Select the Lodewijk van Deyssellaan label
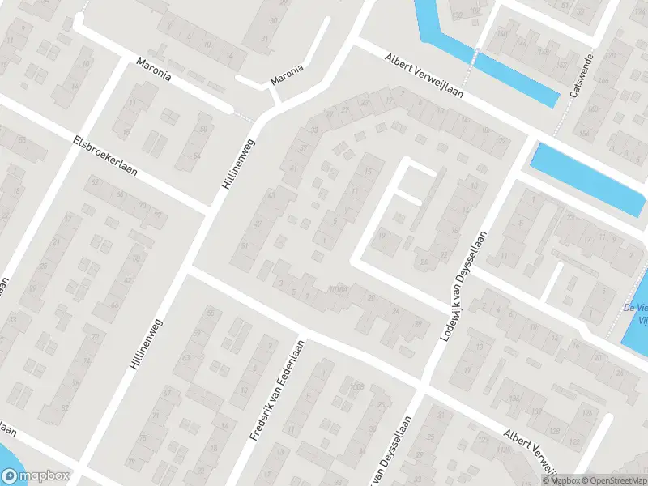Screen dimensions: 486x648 tap(465, 284)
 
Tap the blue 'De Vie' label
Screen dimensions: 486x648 tap(634, 307)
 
